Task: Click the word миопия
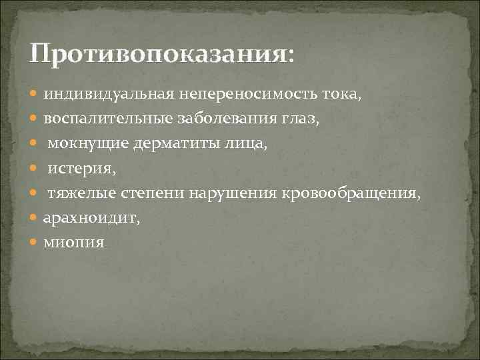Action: [x=74, y=242]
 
